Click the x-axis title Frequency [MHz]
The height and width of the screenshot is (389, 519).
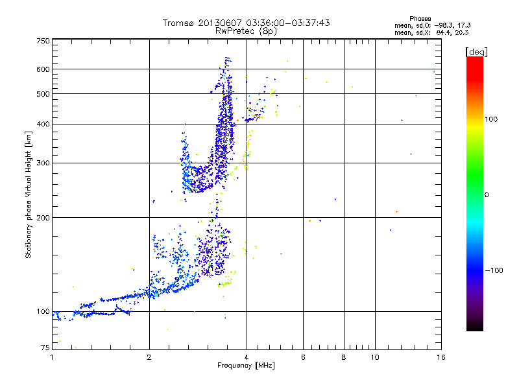(246, 366)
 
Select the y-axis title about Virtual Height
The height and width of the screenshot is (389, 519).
(29, 195)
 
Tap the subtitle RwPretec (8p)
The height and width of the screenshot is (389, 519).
(247, 30)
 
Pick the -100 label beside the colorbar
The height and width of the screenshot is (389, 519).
(496, 270)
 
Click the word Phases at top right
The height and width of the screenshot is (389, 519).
(421, 18)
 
